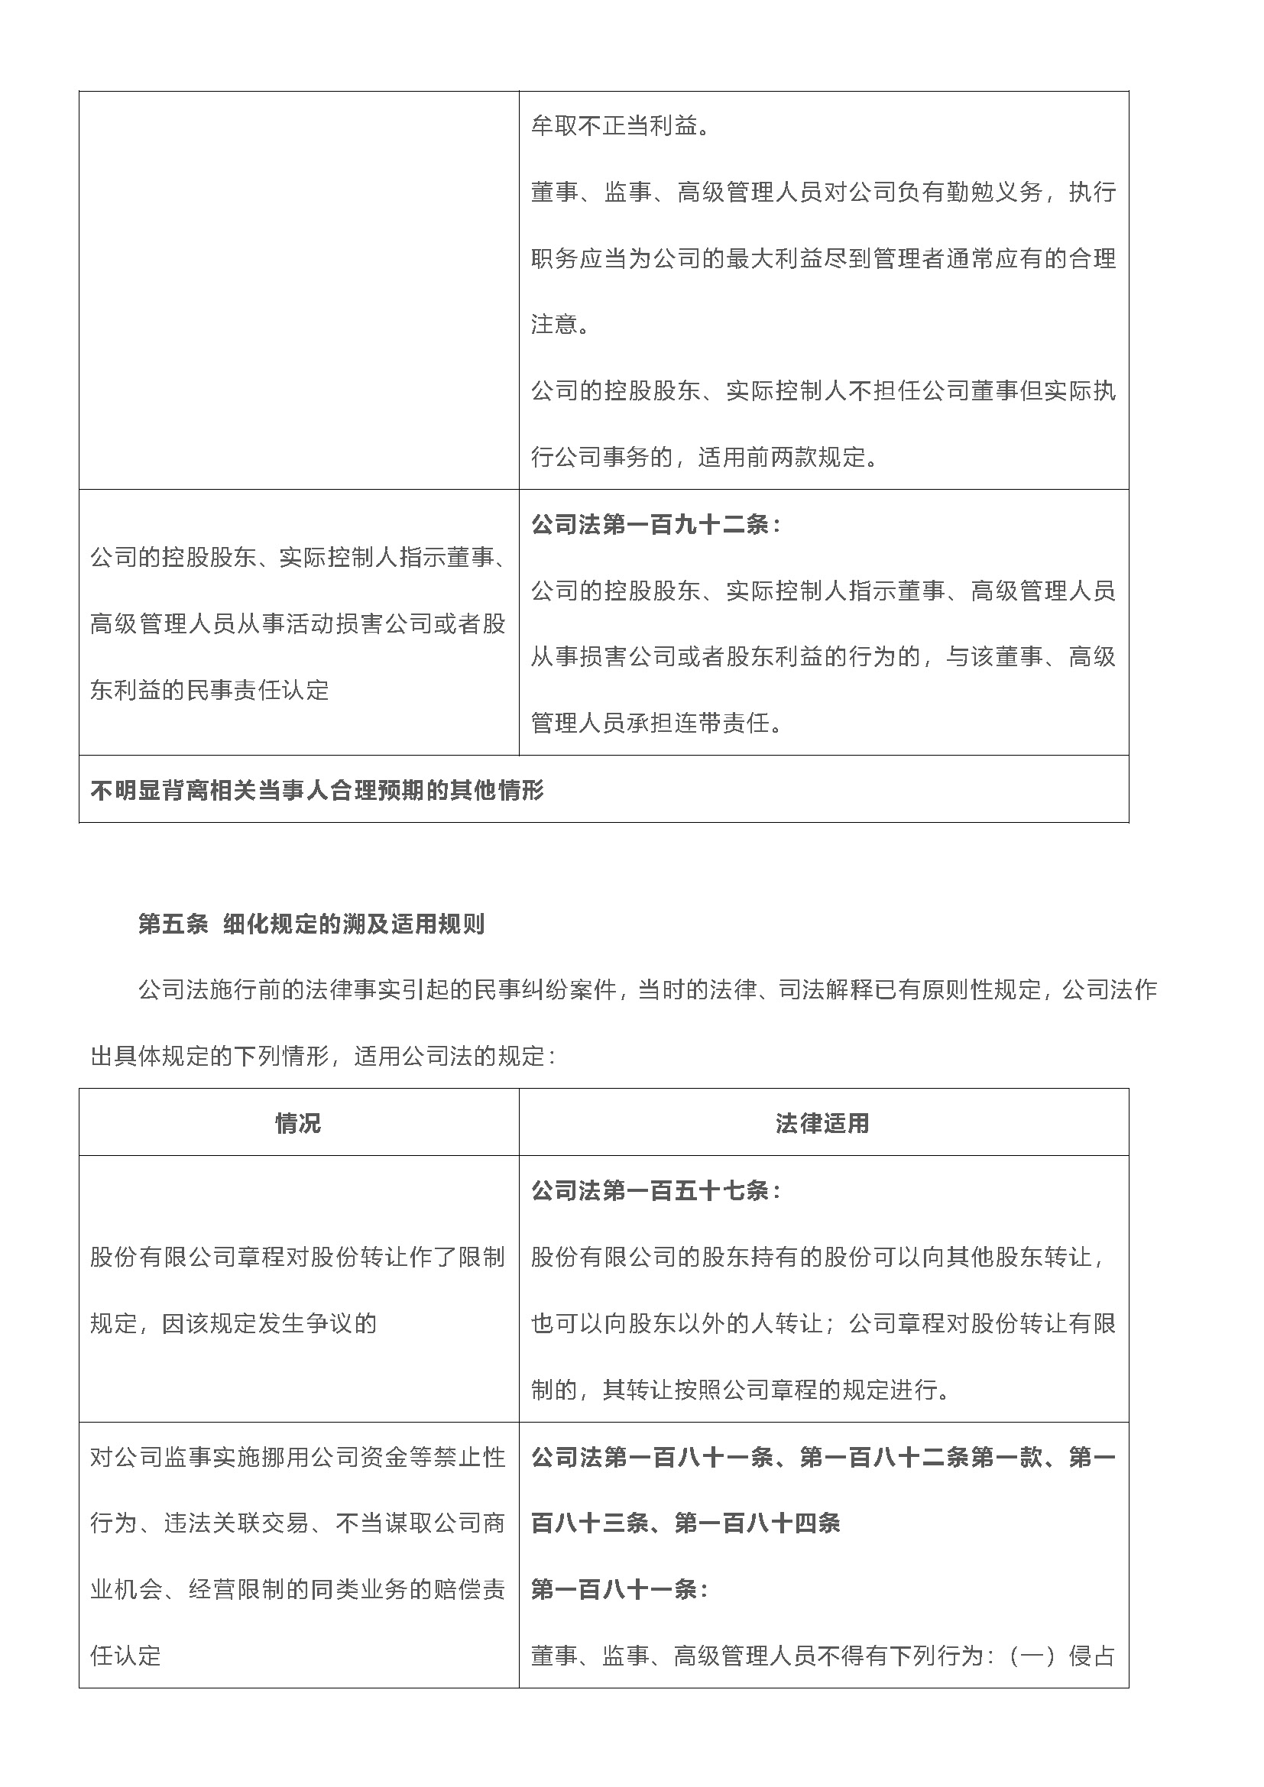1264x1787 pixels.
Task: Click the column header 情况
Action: (298, 1123)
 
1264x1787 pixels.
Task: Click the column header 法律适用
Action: (823, 1123)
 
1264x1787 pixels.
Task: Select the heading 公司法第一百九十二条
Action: (656, 525)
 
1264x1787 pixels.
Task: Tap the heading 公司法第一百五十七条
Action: (656, 1190)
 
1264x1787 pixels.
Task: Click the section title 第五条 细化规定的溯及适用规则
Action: (311, 924)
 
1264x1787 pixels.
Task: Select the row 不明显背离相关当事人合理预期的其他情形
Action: (317, 790)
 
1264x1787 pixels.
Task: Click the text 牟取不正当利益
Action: (620, 126)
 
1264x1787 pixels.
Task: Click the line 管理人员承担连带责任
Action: (656, 723)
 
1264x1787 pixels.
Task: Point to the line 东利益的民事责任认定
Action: (209, 690)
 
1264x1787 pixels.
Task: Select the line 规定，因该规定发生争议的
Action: (233, 1323)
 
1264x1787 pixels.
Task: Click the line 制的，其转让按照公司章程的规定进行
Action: (741, 1389)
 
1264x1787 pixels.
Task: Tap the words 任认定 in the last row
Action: (125, 1656)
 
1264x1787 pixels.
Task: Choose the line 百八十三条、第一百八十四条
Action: (685, 1523)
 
